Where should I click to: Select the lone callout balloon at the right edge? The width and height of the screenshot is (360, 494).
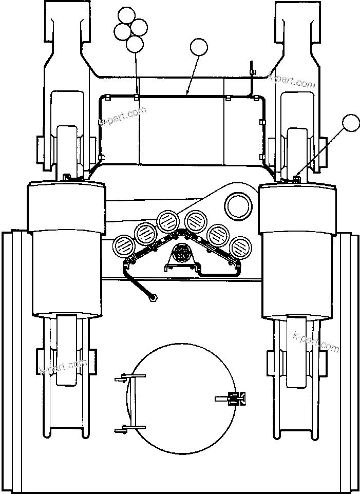tap(351, 123)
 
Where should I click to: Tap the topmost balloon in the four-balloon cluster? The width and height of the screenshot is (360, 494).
tap(126, 16)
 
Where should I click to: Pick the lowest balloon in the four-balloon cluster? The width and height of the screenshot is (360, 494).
tap(135, 44)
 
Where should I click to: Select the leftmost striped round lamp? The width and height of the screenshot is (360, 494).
tap(124, 246)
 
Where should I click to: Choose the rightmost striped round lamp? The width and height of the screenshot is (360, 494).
tap(239, 246)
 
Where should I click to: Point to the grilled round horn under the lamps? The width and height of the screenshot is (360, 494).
tap(181, 254)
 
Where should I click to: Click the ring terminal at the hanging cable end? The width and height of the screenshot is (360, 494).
tap(153, 296)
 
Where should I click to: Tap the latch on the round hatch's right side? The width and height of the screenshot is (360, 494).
tap(236, 398)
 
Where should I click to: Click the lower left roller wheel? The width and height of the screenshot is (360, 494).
tap(66, 352)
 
